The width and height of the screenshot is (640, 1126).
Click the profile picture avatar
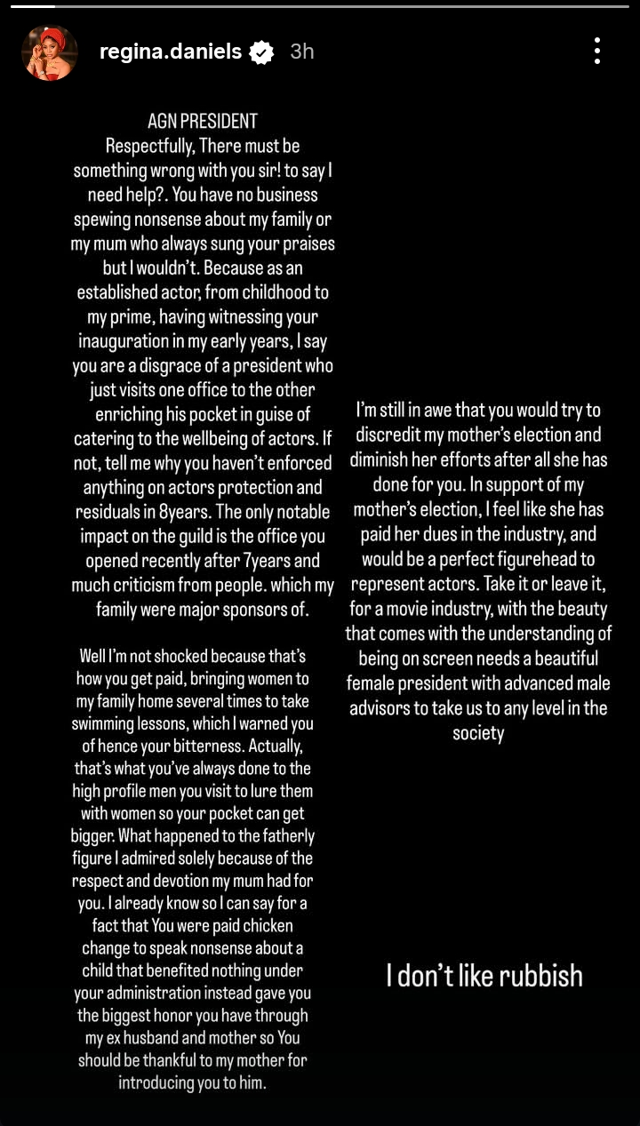(x=50, y=52)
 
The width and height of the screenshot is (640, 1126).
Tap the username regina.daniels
(x=171, y=52)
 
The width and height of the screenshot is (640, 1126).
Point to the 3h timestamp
(x=302, y=52)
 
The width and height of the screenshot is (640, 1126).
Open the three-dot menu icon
(x=597, y=51)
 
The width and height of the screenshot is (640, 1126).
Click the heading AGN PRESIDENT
(x=203, y=121)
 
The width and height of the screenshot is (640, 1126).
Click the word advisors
(x=389, y=708)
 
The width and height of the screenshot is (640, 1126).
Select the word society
(x=478, y=733)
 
